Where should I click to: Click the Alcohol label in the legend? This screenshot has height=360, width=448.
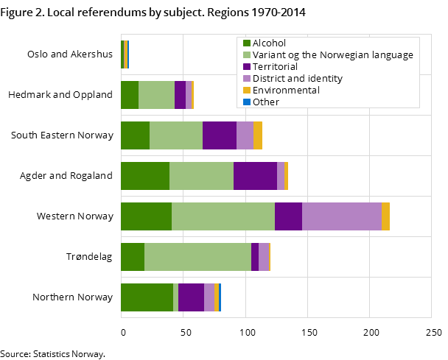pos(270,43)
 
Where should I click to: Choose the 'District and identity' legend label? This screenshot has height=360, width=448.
pos(298,79)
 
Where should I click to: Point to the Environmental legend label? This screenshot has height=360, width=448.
pos(286,90)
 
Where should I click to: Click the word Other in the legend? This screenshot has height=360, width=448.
pos(266,102)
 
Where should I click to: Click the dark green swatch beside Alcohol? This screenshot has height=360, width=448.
pos(247,43)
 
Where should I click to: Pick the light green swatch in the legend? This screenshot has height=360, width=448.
pos(247,55)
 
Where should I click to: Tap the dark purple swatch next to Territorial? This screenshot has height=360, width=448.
pos(247,67)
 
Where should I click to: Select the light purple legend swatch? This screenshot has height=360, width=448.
pos(247,79)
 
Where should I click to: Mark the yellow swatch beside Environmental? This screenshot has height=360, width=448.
pos(247,90)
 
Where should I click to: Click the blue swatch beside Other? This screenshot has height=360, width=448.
pos(247,102)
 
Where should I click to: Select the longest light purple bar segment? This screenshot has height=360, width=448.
pos(342,216)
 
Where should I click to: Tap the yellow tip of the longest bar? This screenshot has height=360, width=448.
pos(385,216)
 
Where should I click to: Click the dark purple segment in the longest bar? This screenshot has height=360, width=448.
pos(288,216)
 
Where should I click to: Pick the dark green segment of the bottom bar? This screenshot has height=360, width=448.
pos(147,297)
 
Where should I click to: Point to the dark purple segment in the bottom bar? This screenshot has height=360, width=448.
pos(191,297)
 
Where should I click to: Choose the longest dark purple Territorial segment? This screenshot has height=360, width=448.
pos(255,176)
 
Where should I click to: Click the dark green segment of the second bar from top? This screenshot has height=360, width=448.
pos(130,95)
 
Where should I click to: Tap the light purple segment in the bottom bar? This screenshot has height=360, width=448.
pos(209,297)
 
